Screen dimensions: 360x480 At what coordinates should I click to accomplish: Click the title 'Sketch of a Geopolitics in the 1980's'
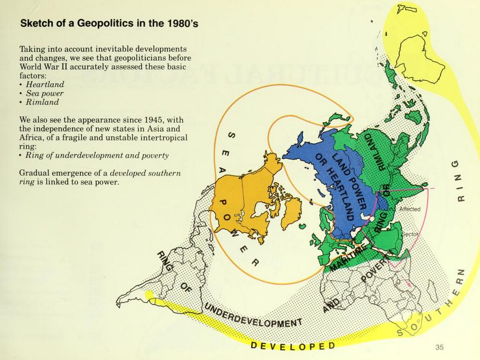click(x=109, y=23)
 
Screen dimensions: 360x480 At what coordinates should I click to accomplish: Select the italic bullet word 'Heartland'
click(x=45, y=85)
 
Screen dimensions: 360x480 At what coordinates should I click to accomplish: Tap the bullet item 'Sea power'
click(x=45, y=94)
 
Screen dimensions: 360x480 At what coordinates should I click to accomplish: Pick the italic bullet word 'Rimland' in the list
click(x=42, y=102)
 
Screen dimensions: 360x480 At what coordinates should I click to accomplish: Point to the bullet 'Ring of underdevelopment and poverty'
click(x=97, y=155)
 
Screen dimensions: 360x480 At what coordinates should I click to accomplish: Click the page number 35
click(x=439, y=348)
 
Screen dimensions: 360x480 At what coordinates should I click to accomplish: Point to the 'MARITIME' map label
click(x=349, y=257)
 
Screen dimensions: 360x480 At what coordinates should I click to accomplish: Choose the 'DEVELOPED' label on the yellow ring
click(x=293, y=346)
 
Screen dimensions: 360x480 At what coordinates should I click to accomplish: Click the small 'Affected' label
click(x=410, y=209)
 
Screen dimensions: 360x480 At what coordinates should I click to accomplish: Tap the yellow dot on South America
click(x=149, y=295)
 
